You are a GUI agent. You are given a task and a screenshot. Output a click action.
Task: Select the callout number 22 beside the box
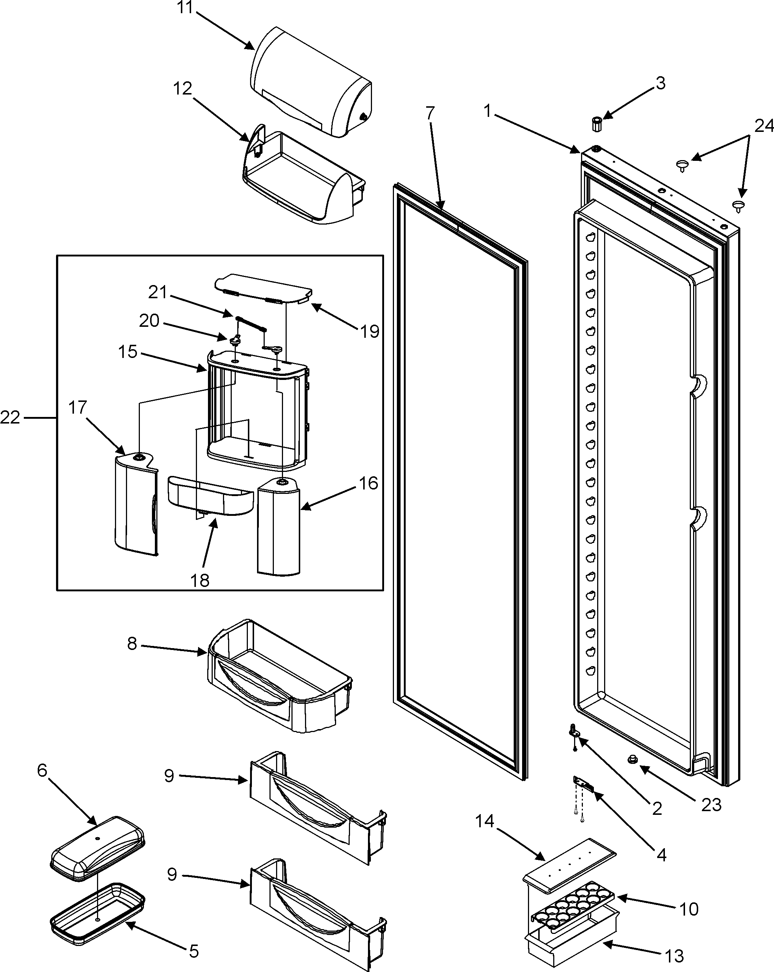point(10,418)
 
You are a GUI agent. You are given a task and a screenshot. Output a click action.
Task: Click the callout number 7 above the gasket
point(430,114)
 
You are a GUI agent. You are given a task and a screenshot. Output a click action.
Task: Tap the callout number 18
point(200,581)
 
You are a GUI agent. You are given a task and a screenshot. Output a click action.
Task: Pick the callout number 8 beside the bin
point(131,644)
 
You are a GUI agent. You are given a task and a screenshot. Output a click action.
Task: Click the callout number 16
point(369,483)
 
